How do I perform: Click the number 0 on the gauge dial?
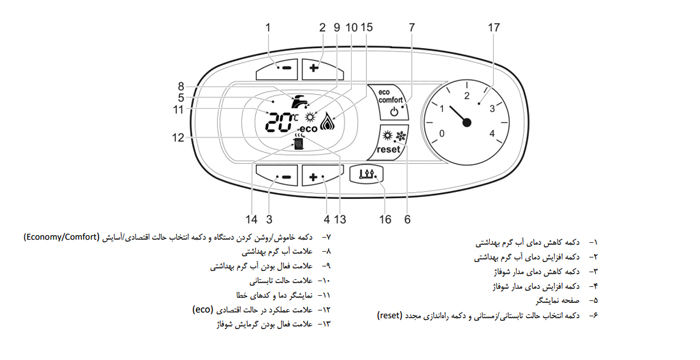click(x=442, y=132)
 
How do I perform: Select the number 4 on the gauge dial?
click(x=493, y=132)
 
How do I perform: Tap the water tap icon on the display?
click(x=296, y=100)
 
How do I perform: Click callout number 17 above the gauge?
click(x=493, y=27)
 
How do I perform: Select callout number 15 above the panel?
click(x=367, y=27)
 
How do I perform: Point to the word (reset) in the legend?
click(x=393, y=315)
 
